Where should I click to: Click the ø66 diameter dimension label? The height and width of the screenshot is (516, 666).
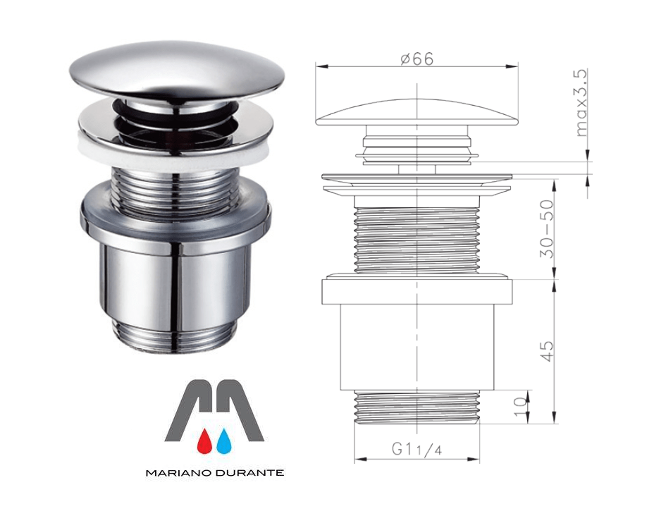pyautogui.click(x=417, y=59)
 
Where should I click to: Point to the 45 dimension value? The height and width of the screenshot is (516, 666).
pyautogui.click(x=547, y=350)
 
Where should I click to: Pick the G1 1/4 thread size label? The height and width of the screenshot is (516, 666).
pyautogui.click(x=417, y=449)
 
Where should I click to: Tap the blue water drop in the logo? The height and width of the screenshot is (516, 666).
pyautogui.click(x=223, y=441)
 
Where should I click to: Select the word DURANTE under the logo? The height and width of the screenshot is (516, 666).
pyautogui.click(x=249, y=473)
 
